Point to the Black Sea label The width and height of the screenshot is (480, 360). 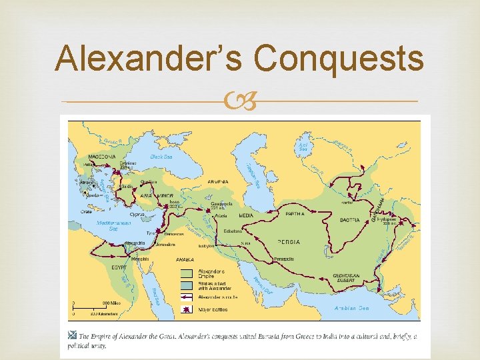161,157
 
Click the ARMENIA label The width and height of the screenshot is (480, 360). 217,181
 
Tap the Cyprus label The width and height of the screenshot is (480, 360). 137,215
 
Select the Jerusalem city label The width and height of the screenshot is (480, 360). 167,245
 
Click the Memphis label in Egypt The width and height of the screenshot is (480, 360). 140,259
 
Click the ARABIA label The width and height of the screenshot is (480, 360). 185,259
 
